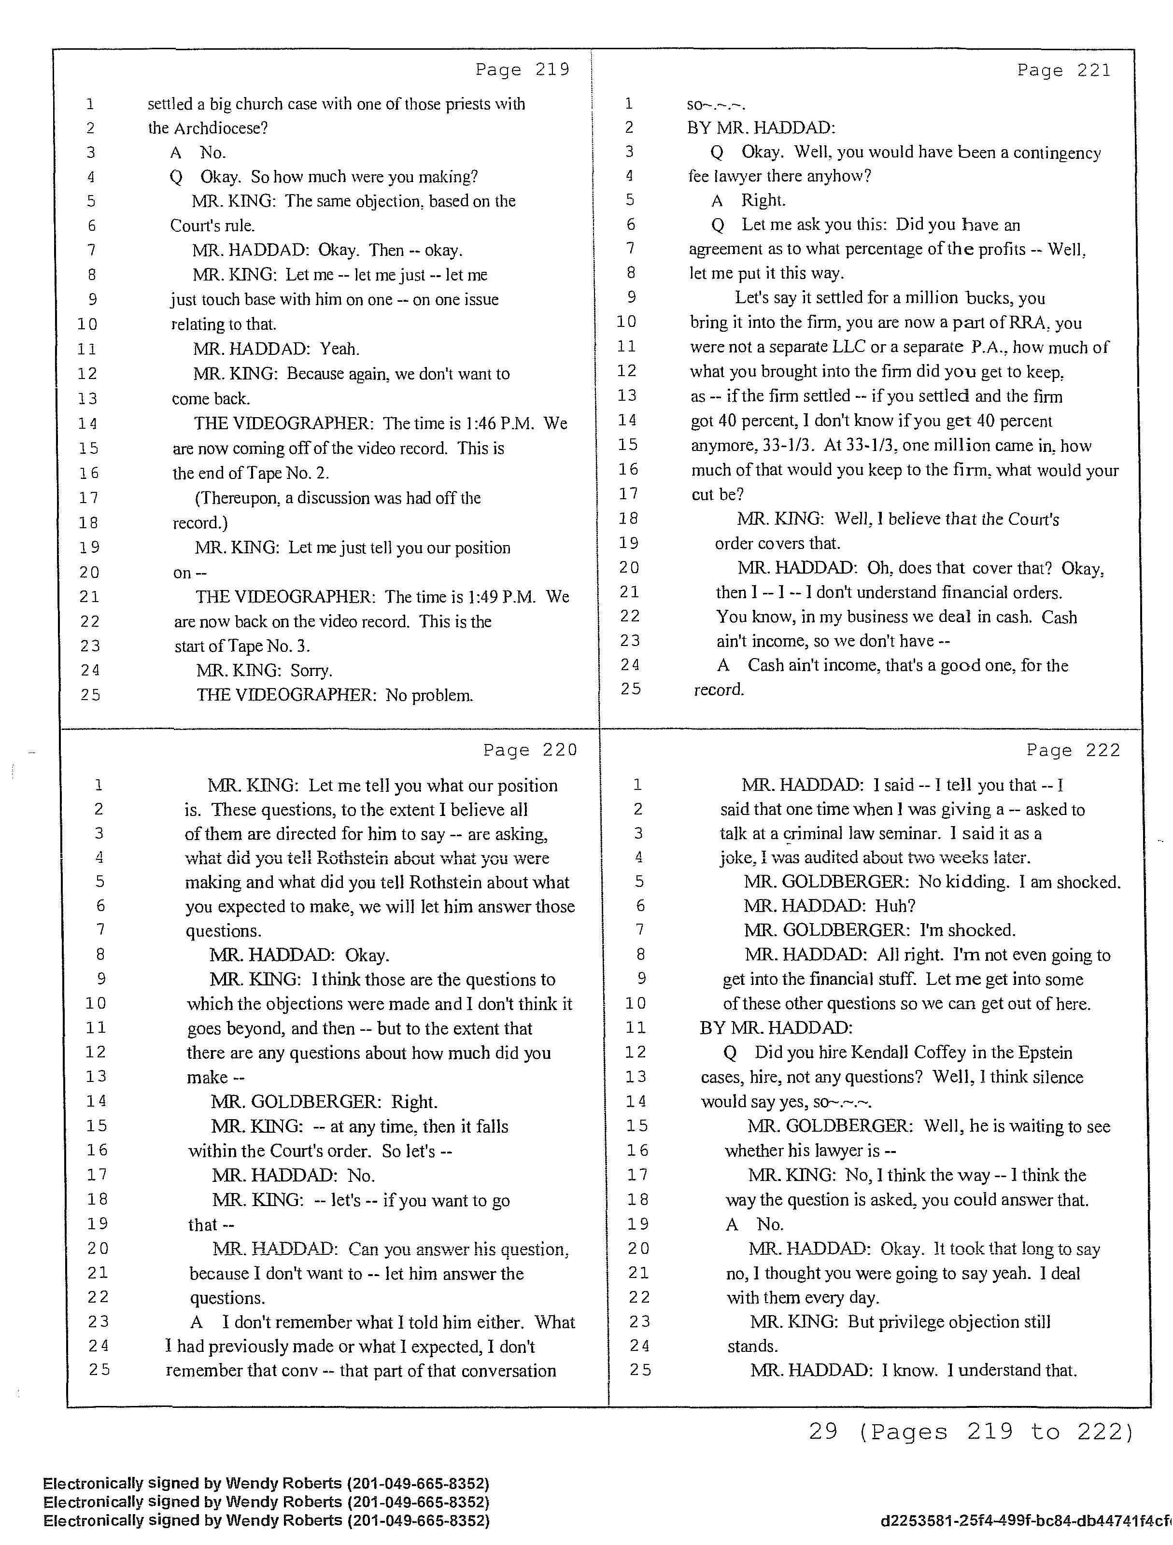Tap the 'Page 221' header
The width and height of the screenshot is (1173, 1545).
(x=1064, y=70)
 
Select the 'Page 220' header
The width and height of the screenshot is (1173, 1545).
(x=530, y=750)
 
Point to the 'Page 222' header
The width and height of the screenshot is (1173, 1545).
(x=1073, y=750)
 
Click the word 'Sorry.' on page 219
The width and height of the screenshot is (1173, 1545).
(x=311, y=671)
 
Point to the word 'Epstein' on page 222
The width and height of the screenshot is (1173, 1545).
(x=1045, y=1053)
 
